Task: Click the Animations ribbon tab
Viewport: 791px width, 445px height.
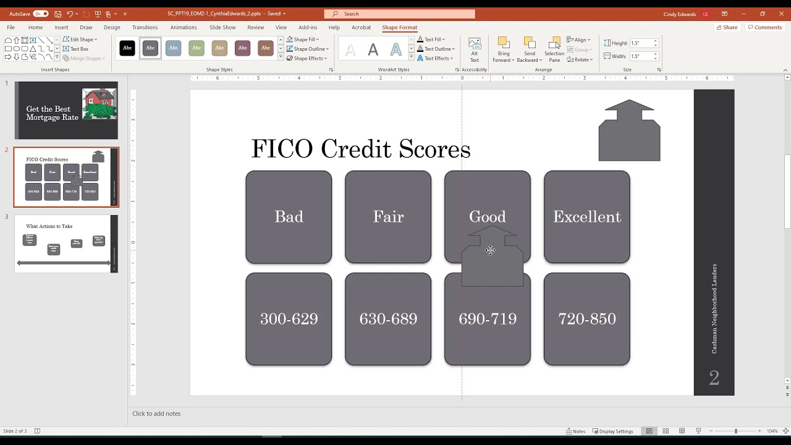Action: pos(184,27)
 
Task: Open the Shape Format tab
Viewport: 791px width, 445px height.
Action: pos(399,27)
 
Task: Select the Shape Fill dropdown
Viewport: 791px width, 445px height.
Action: pos(303,40)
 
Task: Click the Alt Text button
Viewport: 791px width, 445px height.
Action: pos(475,49)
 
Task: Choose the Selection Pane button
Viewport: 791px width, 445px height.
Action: pos(554,49)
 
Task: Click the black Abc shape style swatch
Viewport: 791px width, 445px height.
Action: pos(127,48)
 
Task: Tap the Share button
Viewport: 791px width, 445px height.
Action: pos(727,27)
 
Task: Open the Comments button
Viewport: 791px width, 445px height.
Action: pos(764,27)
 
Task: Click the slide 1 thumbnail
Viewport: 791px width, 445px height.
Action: pos(66,111)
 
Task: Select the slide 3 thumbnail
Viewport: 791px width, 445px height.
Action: pos(66,244)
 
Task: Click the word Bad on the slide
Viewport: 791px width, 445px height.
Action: pos(289,217)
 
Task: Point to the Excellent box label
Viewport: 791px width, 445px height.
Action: pos(586,217)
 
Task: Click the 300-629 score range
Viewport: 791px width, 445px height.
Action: pos(289,319)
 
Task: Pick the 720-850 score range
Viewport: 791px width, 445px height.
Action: pos(586,319)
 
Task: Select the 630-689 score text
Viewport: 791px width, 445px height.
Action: pos(388,319)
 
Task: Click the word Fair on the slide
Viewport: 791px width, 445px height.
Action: pos(388,217)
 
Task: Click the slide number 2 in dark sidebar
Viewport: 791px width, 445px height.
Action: pos(714,378)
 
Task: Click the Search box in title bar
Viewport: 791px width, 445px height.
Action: pos(399,14)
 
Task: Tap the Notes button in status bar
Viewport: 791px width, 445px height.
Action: pos(575,431)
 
